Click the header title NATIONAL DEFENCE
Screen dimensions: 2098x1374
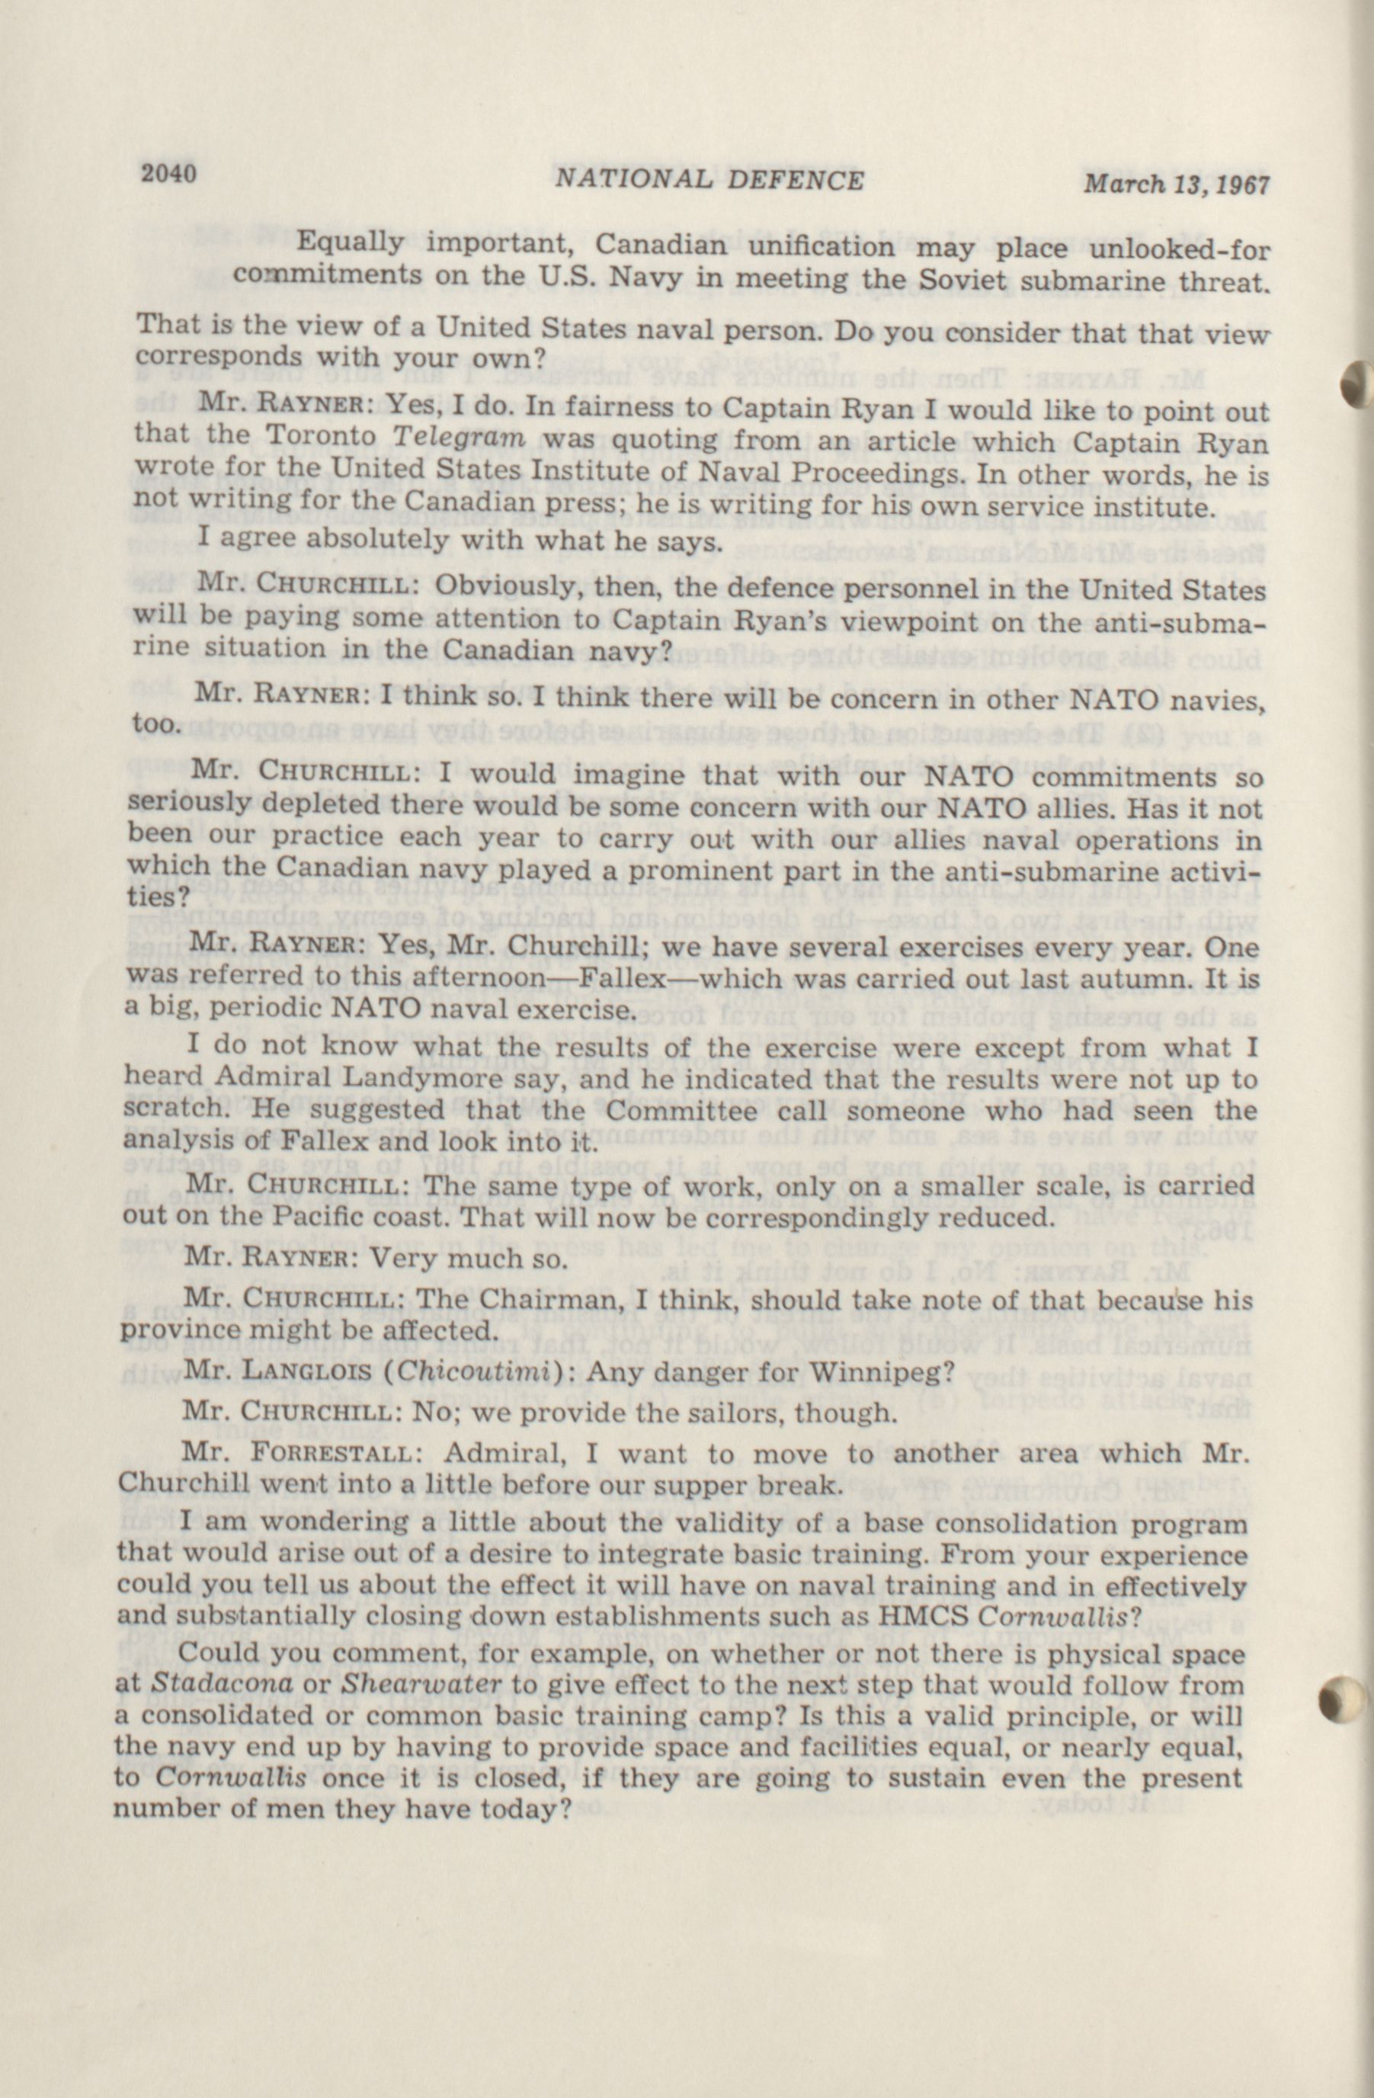coord(709,180)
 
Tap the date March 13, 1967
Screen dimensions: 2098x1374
coord(1175,185)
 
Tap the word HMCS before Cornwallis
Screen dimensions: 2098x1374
coord(925,1618)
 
